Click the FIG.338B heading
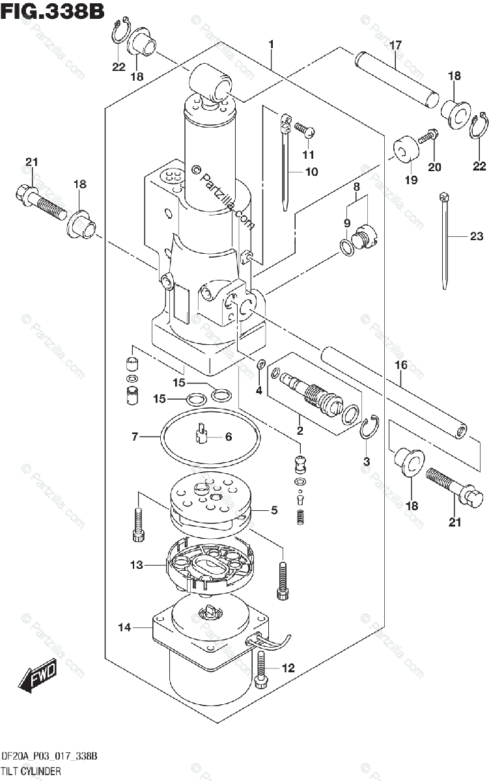pyautogui.click(x=52, y=11)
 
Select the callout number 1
pyautogui.click(x=271, y=44)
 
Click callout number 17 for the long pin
pyautogui.click(x=395, y=46)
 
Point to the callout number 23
pyautogui.click(x=477, y=236)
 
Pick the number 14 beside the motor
pyautogui.click(x=124, y=627)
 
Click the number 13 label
pyautogui.click(x=136, y=565)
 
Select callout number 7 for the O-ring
pyautogui.click(x=135, y=437)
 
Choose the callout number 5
pyautogui.click(x=275, y=510)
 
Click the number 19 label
pyautogui.click(x=412, y=180)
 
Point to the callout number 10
pyautogui.click(x=311, y=172)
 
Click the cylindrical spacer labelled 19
pyautogui.click(x=406, y=149)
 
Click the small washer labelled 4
pyautogui.click(x=260, y=364)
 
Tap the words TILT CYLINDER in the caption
pyautogui.click(x=31, y=771)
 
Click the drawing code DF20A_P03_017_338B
pyautogui.click(x=49, y=756)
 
